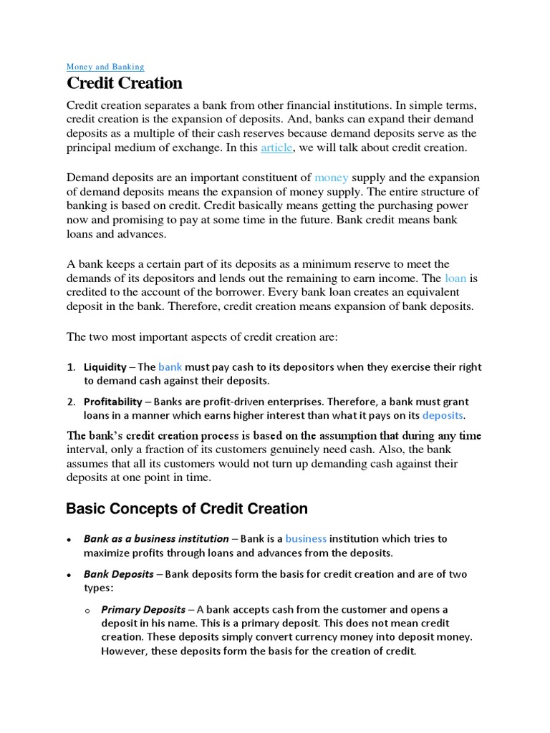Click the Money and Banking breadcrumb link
click(x=105, y=67)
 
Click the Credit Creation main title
click(x=125, y=84)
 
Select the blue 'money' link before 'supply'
click(x=331, y=177)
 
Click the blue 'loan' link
click(x=455, y=278)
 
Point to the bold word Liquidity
click(x=105, y=366)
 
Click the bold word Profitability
click(x=112, y=402)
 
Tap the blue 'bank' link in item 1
click(x=170, y=366)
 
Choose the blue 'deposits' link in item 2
click(x=443, y=415)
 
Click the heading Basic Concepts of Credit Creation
click(x=187, y=509)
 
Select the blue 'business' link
click(x=306, y=538)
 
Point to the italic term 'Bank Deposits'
click(x=119, y=573)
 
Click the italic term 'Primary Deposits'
click(x=142, y=609)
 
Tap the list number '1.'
click(x=72, y=366)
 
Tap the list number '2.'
click(x=72, y=402)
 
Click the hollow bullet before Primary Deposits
click(x=87, y=611)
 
